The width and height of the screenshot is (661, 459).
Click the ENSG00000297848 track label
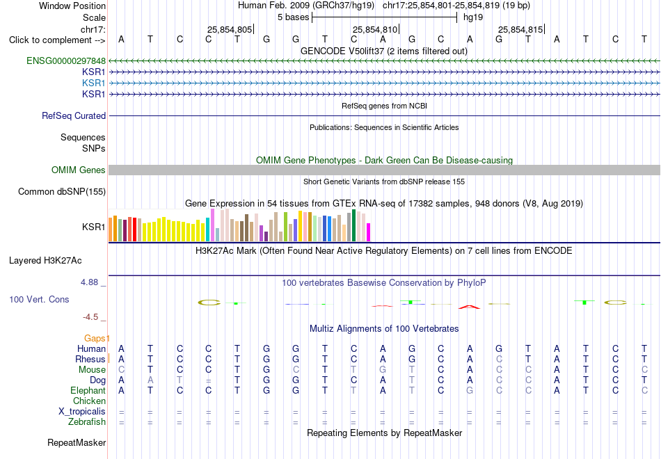coord(66,61)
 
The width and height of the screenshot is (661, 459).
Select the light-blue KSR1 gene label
coord(94,83)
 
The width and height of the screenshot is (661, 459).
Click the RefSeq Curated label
coord(74,115)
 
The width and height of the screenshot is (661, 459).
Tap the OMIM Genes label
coord(79,170)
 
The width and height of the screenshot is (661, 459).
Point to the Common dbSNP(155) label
coord(62,191)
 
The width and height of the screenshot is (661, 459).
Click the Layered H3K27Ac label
coord(45,261)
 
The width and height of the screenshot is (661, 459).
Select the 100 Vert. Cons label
coord(39,299)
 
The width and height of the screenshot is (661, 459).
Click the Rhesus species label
coord(90,359)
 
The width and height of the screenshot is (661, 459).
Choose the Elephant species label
coord(88,390)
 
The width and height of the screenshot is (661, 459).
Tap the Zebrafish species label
coord(87,421)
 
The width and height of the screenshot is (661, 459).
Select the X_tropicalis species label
coord(82,412)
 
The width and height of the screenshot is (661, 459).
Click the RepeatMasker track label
coord(77,442)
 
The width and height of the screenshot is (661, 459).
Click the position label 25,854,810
coord(375,29)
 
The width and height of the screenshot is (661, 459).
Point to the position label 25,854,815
coord(520,29)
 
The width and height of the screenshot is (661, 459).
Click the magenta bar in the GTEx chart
coord(369,232)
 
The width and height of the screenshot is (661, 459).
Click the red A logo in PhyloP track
coord(469,307)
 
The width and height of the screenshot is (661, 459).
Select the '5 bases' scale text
coord(294,17)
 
